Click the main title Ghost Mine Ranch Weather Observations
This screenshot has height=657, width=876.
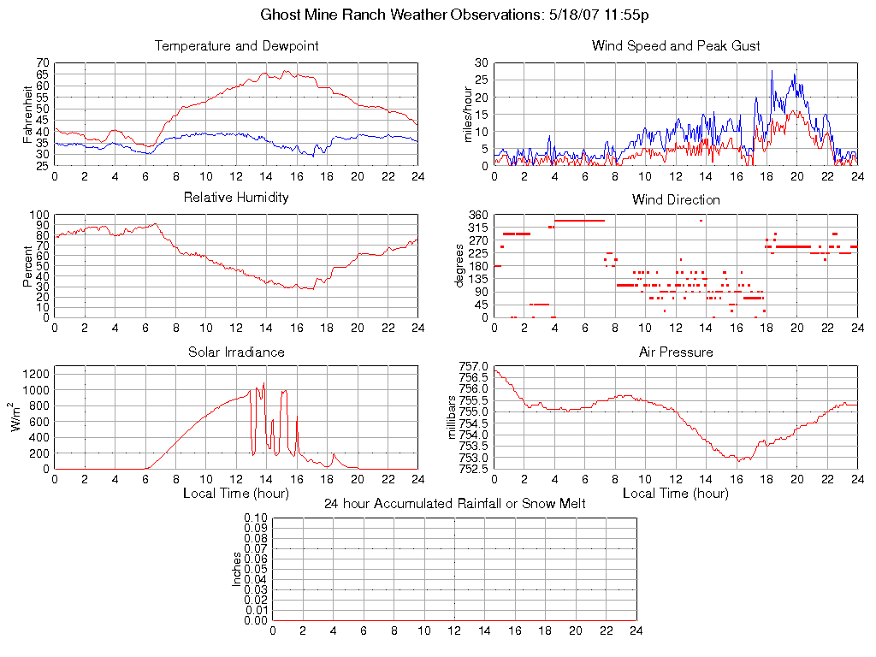coord(437,15)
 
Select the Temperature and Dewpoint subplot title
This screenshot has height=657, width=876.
coord(236,46)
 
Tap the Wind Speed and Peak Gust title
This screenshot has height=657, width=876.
coord(676,46)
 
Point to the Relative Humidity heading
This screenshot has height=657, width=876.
coord(236,198)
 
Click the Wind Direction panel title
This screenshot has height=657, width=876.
coord(676,199)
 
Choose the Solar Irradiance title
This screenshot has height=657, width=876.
coord(236,352)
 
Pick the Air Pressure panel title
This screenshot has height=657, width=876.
coord(676,352)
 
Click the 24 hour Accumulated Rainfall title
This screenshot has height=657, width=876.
coord(454,504)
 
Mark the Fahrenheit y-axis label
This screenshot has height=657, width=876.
coord(28,114)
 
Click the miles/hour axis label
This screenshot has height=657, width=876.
coord(468,114)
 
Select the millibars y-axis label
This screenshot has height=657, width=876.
coord(454,417)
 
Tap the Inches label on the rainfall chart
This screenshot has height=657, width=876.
coord(237,569)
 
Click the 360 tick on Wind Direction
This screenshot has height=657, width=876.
coord(478,215)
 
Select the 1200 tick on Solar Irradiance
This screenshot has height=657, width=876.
coord(35,374)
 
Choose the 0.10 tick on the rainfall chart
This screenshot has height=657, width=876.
coord(255,518)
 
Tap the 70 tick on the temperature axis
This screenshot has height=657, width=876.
coord(43,63)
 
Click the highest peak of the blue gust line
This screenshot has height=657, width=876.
coord(772,71)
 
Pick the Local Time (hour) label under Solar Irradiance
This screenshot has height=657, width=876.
coord(236,494)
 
